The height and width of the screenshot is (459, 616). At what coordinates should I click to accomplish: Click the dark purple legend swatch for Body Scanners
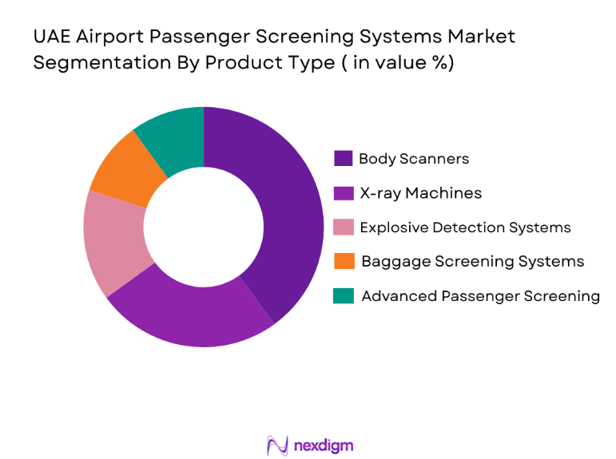click(x=344, y=158)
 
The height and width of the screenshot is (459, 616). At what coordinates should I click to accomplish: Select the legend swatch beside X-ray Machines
click(x=344, y=192)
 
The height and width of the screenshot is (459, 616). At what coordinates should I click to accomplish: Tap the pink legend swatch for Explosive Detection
click(x=344, y=228)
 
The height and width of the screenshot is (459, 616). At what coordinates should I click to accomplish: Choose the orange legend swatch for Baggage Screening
click(x=344, y=261)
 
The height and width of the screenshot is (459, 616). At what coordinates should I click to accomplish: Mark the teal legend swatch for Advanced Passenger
click(x=344, y=296)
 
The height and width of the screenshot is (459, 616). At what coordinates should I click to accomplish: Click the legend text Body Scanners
click(x=413, y=158)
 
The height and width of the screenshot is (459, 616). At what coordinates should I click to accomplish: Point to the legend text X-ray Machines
click(x=419, y=192)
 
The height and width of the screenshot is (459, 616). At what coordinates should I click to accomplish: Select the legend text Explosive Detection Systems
click(x=465, y=228)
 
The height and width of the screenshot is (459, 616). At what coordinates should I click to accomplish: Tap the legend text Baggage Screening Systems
click(x=472, y=261)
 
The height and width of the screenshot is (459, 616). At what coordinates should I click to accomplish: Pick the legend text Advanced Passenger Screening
click(x=480, y=296)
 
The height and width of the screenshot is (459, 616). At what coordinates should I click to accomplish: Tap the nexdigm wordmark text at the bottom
click(x=324, y=445)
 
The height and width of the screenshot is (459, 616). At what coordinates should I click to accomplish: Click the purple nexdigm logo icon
click(x=277, y=445)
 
